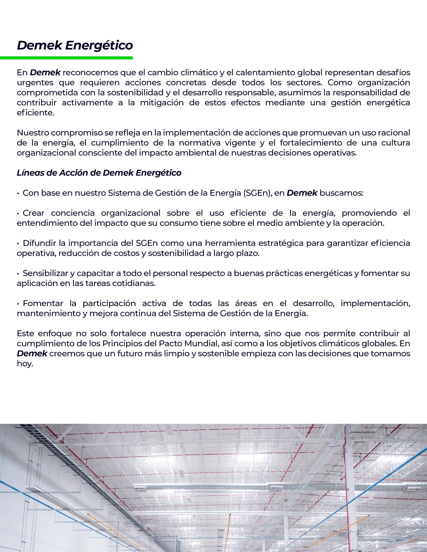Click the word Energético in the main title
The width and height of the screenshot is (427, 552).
tap(99, 45)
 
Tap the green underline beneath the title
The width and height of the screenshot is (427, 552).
tap(66, 58)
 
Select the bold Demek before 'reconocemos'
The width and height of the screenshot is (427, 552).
tap(45, 73)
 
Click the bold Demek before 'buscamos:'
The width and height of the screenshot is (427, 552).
tap(302, 193)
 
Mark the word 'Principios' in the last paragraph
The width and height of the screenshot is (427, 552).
tap(122, 343)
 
